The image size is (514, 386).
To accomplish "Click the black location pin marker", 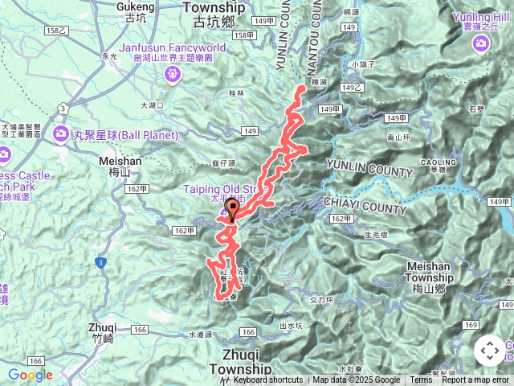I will click(x=233, y=210).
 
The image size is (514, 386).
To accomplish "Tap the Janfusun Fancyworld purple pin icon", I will click(x=170, y=75).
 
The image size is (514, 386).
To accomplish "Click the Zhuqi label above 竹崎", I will click(x=105, y=328).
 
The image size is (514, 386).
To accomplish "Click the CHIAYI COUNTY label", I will click(x=365, y=205).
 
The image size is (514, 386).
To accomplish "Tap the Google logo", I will click(x=30, y=375).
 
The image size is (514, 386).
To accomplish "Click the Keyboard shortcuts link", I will click(x=268, y=380).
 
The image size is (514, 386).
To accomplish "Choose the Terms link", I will click(x=421, y=380).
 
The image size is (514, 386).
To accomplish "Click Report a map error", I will click(x=477, y=380).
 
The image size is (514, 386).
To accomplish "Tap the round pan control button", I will click(x=489, y=351).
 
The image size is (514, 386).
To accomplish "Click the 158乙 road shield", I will click(x=56, y=30).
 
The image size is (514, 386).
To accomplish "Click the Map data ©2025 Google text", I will click(x=357, y=380).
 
